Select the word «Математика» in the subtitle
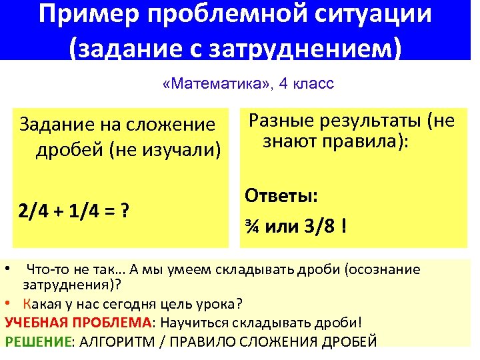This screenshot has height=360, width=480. tap(213, 85)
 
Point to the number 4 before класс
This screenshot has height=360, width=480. tap(284, 85)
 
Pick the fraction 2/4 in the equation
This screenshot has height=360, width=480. tap(33, 213)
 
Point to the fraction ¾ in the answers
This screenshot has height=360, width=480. tap(253, 227)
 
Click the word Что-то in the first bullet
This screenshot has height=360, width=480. tap(46, 270)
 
